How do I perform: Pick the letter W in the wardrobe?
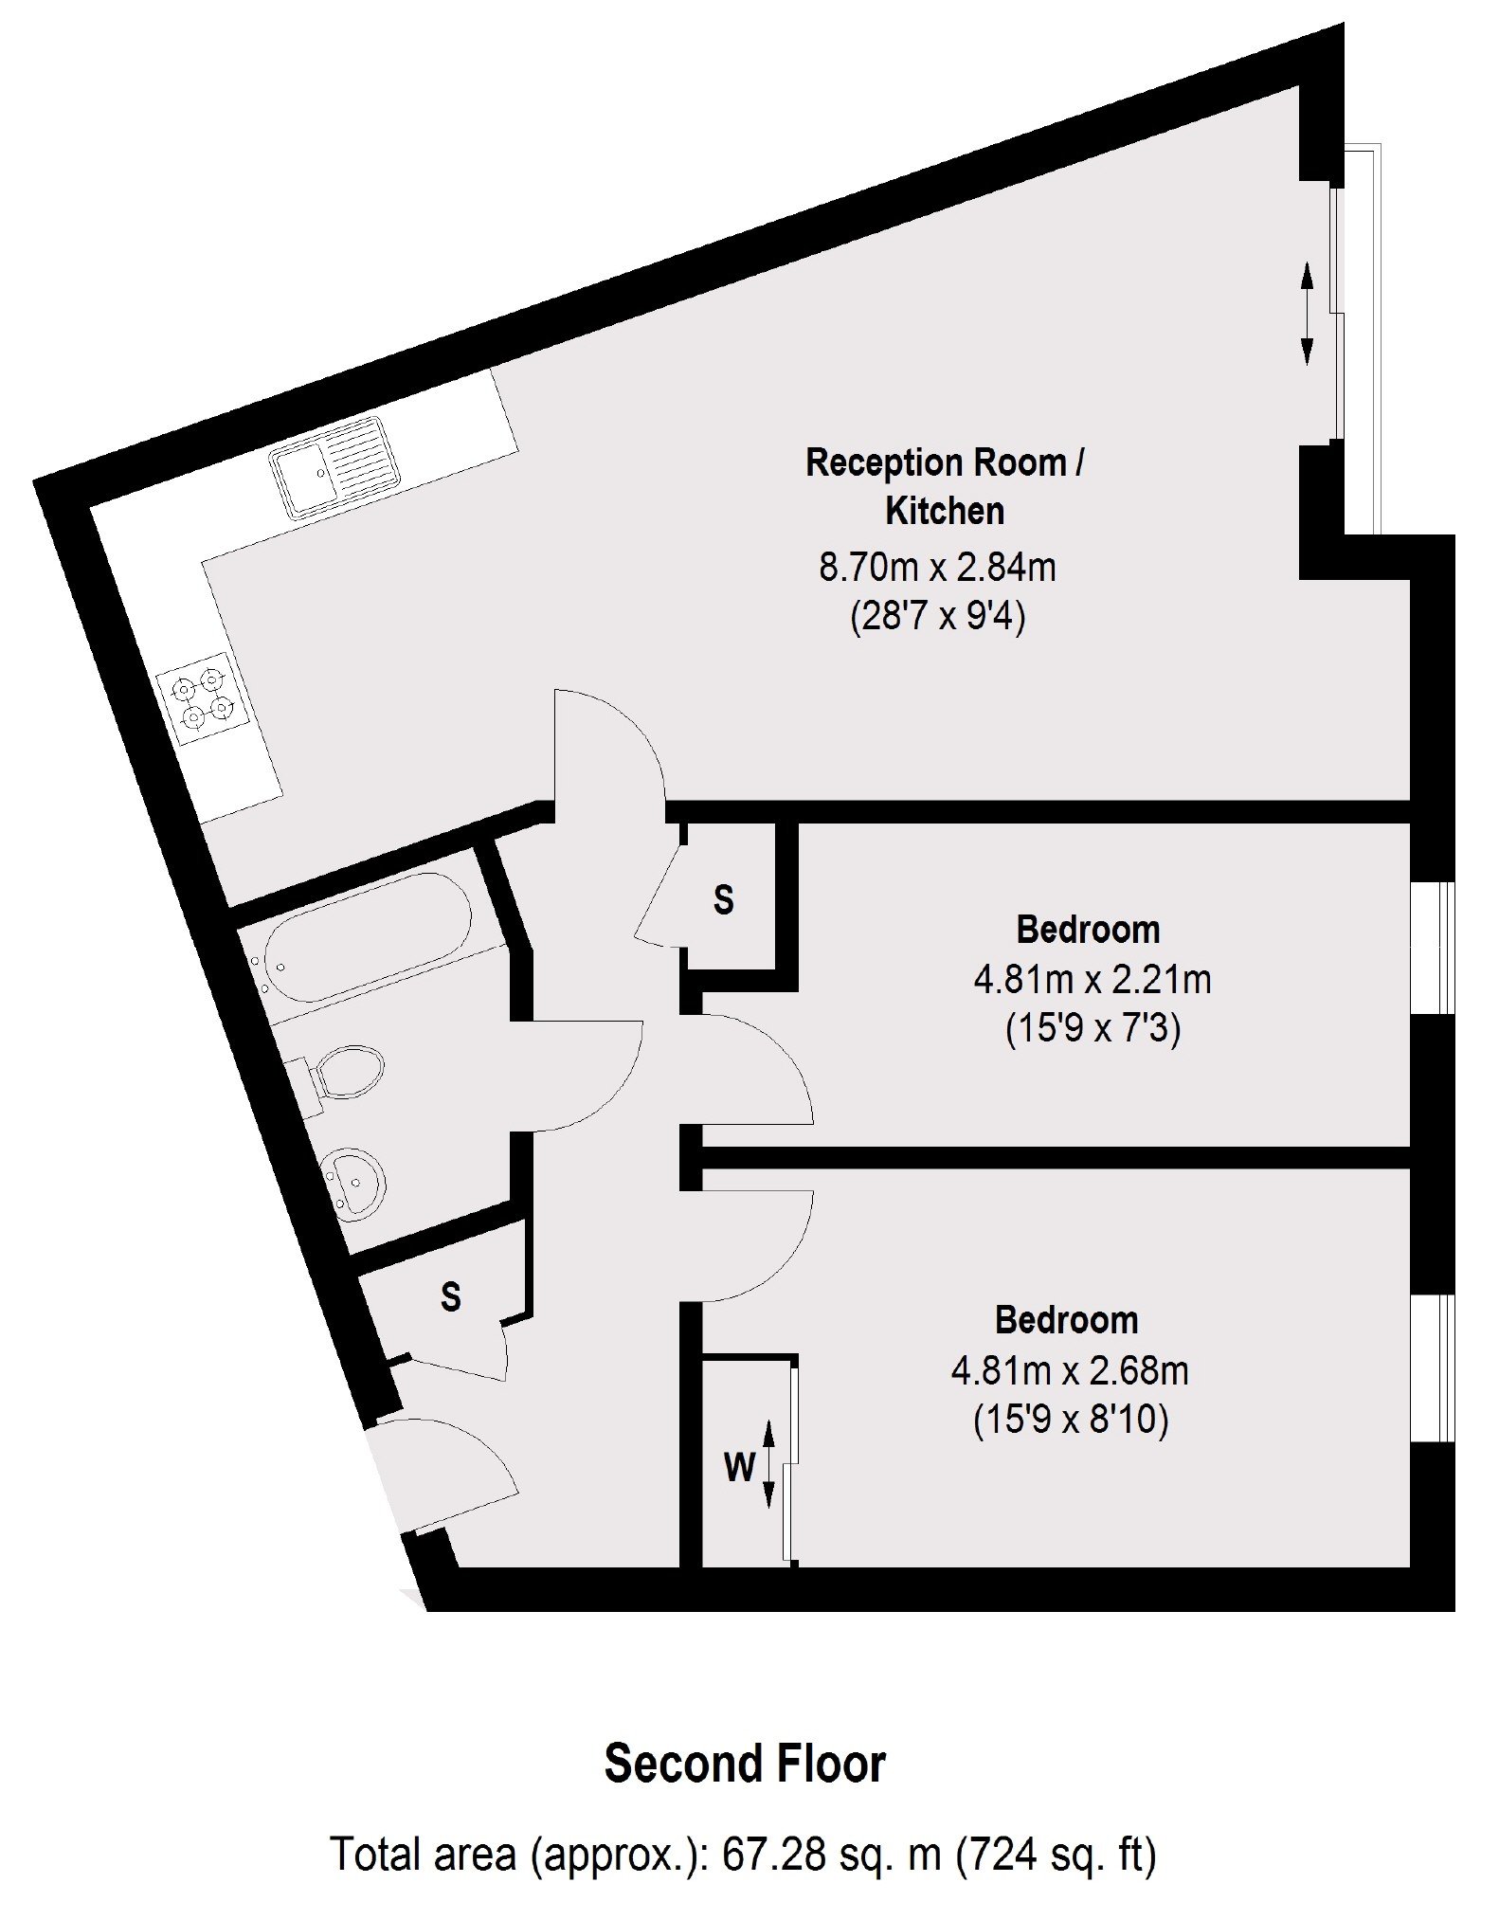tap(740, 1467)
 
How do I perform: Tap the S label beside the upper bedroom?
tap(723, 899)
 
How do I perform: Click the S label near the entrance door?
tap(451, 1295)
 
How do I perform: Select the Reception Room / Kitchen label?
tap(944, 486)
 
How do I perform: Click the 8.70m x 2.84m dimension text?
tap(937, 568)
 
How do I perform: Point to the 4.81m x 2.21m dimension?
tap(1093, 979)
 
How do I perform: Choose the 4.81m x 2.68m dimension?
tap(1070, 1370)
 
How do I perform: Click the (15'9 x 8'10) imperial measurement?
tap(1071, 1421)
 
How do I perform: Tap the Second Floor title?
tap(745, 1764)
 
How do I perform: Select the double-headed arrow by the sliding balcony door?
tap(1307, 314)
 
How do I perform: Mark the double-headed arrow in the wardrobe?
tap(769, 1463)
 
